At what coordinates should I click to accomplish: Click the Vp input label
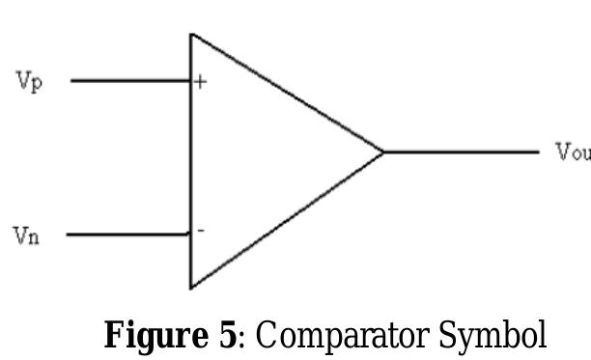tap(29, 80)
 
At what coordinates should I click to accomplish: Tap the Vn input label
tap(27, 235)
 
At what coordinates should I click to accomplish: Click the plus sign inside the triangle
tap(200, 82)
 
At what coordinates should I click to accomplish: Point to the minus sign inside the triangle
tap(200, 231)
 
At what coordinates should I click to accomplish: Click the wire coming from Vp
tap(130, 81)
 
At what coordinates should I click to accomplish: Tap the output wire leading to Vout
tap(462, 152)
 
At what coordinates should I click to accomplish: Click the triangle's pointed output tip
tap(383, 152)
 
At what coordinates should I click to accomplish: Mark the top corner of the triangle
tap(190, 35)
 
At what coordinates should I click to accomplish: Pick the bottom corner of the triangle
tap(190, 287)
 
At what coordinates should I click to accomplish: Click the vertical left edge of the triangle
tap(190, 159)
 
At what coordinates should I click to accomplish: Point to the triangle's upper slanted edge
tap(290, 95)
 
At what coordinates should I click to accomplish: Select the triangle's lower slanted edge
tap(290, 217)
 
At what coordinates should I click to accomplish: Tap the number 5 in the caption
tap(227, 336)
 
